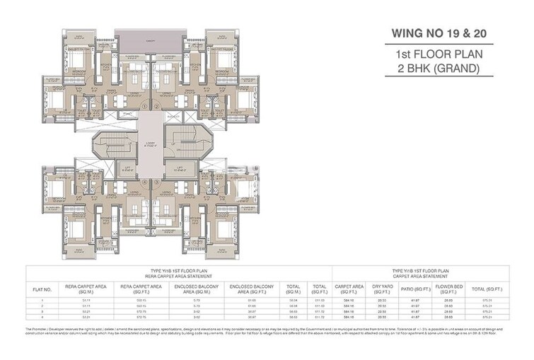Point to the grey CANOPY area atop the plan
(x=150, y=39)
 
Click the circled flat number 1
(x=144, y=107)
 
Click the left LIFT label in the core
(x=128, y=168)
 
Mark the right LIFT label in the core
(x=173, y=168)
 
